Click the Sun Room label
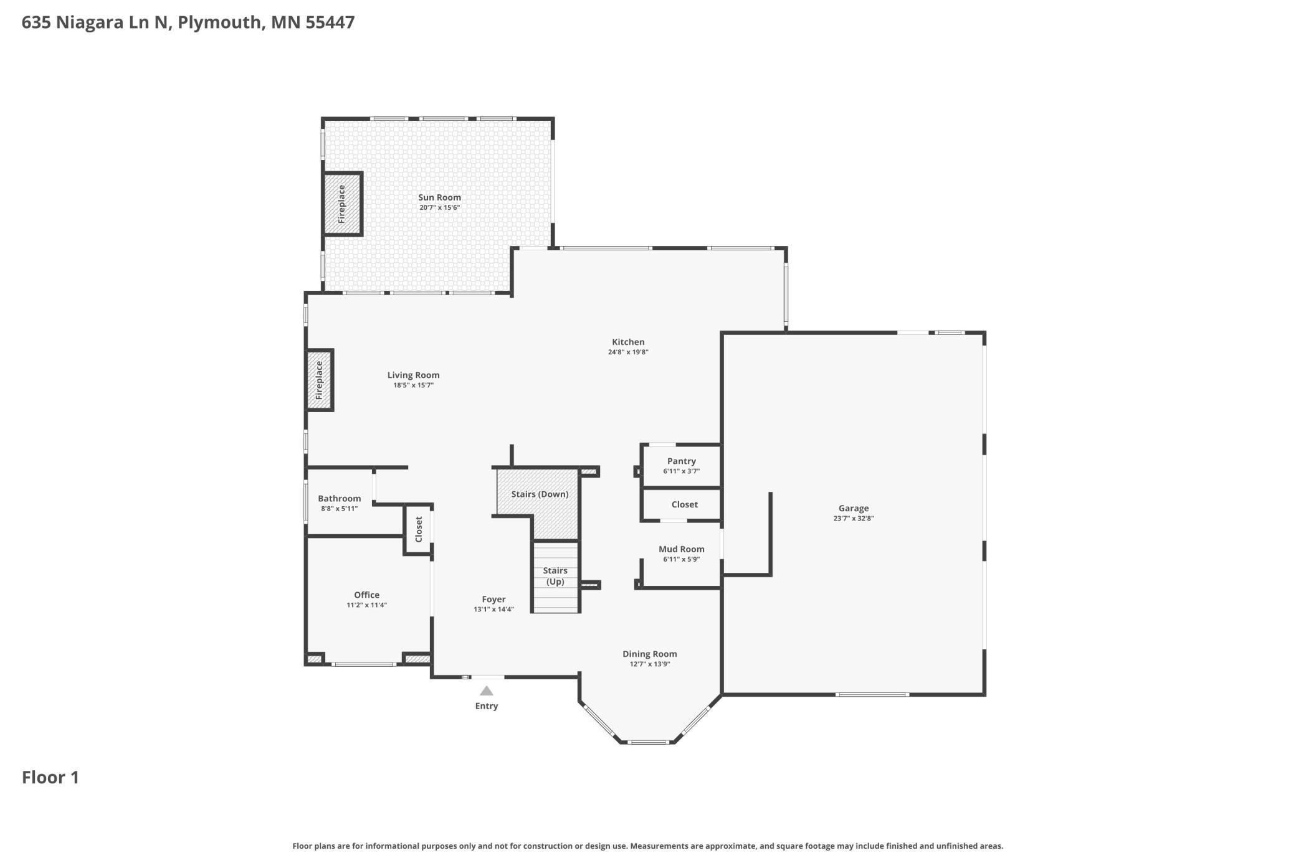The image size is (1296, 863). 439,197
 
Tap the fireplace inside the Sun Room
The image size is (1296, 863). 342,204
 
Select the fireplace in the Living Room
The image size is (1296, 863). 320,380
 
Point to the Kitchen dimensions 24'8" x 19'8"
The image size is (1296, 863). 628,352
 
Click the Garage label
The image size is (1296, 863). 854,508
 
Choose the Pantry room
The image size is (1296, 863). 681,466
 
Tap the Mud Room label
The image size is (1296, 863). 682,549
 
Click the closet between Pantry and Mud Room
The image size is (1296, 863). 681,504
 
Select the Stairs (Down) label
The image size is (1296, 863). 540,494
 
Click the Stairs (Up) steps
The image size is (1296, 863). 555,577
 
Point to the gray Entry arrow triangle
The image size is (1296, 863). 487,691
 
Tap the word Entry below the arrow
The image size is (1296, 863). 487,706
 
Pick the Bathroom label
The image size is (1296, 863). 340,499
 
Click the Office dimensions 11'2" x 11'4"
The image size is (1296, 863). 367,605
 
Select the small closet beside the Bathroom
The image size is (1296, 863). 419,529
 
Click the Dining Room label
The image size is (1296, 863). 650,654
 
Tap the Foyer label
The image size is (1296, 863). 493,600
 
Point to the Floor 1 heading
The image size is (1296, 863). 50,778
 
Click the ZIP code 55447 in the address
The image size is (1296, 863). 330,22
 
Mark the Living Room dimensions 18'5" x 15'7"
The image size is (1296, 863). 413,385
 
